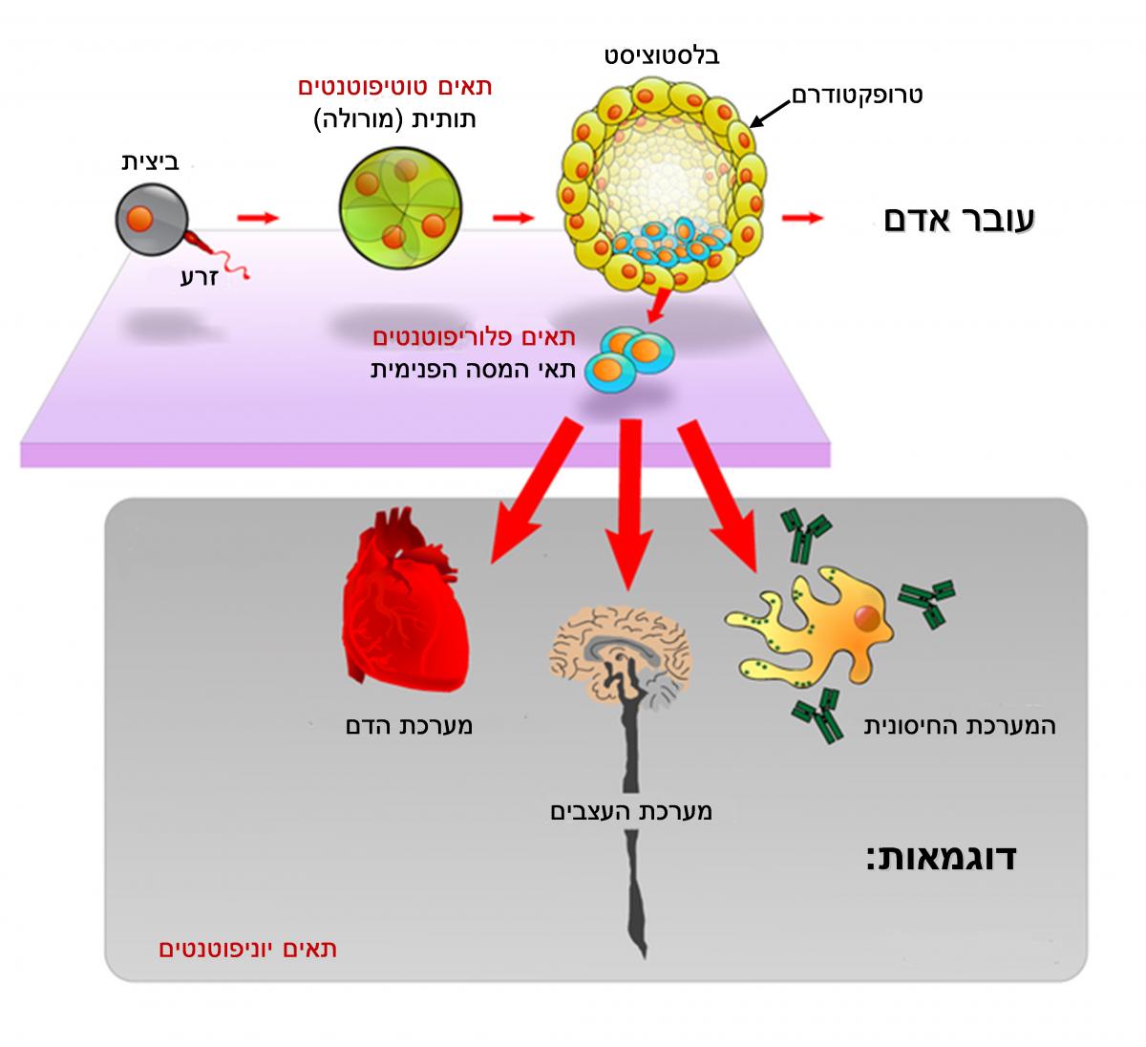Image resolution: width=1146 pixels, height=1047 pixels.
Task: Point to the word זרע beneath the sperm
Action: [201, 277]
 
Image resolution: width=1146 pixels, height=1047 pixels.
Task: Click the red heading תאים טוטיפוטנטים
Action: [395, 88]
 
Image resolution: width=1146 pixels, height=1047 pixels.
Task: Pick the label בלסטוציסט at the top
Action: [663, 54]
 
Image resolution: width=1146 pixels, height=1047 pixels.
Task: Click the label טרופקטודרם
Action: [857, 96]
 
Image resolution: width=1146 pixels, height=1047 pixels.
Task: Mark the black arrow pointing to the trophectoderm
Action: [770, 110]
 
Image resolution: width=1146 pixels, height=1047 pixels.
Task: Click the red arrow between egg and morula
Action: [258, 219]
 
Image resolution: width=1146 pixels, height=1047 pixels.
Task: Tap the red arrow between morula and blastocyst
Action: [513, 219]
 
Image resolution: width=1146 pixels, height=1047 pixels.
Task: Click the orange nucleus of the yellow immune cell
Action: [867, 620]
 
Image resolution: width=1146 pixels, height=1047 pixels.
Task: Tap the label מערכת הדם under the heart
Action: [409, 726]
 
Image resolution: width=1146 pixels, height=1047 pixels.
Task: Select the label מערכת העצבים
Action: [631, 812]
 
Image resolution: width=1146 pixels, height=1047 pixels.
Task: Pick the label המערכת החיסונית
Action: [960, 726]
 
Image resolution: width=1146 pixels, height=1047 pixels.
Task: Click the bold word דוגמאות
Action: [941, 857]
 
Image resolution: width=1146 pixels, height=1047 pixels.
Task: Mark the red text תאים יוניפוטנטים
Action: [247, 950]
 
